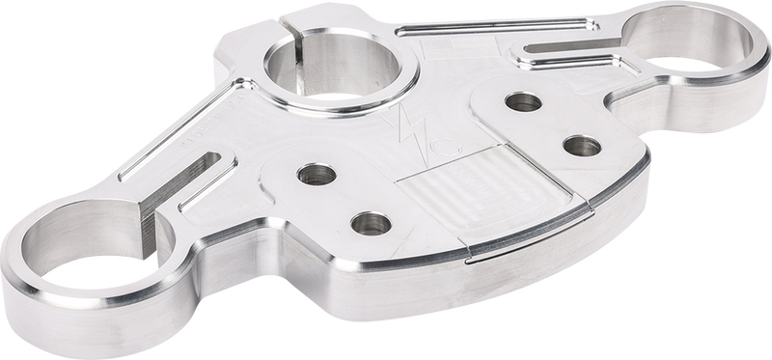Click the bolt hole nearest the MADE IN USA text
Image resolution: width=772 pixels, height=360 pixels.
(x=311, y=175)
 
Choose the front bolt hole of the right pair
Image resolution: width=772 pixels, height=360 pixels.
(x=579, y=146)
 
